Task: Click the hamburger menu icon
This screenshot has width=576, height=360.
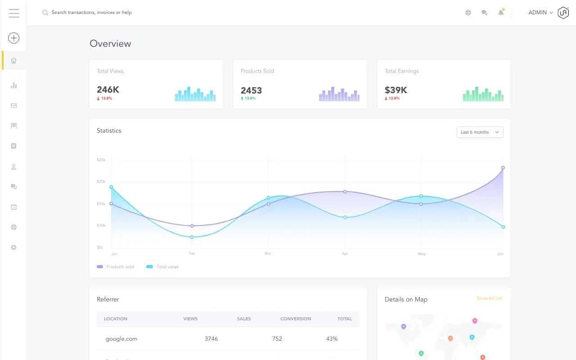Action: click(x=14, y=13)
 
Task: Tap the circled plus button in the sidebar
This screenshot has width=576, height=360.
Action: click(x=14, y=38)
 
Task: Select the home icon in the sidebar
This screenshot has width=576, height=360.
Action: click(x=13, y=60)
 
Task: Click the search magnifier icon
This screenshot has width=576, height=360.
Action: click(x=45, y=13)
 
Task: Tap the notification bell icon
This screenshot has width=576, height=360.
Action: click(x=501, y=13)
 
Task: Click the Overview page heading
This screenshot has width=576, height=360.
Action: click(x=110, y=44)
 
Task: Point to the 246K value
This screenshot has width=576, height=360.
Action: click(x=108, y=90)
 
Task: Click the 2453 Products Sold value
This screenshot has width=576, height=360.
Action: click(x=251, y=90)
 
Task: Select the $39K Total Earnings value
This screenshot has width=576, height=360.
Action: click(x=396, y=90)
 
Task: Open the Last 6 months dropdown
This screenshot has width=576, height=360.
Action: click(x=480, y=132)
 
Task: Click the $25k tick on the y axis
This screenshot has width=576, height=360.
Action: click(x=101, y=160)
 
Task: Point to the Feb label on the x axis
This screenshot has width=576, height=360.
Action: click(x=192, y=254)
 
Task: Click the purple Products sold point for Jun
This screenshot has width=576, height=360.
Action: click(x=503, y=167)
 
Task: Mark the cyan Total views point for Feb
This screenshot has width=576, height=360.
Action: click(x=192, y=237)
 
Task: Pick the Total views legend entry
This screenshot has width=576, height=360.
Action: click(x=162, y=267)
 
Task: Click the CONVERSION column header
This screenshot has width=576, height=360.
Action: click(x=296, y=319)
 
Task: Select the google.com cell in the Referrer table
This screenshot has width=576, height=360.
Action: click(x=121, y=338)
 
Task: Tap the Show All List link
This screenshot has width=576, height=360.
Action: click(x=489, y=298)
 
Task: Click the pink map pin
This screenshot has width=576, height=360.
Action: click(x=474, y=321)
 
